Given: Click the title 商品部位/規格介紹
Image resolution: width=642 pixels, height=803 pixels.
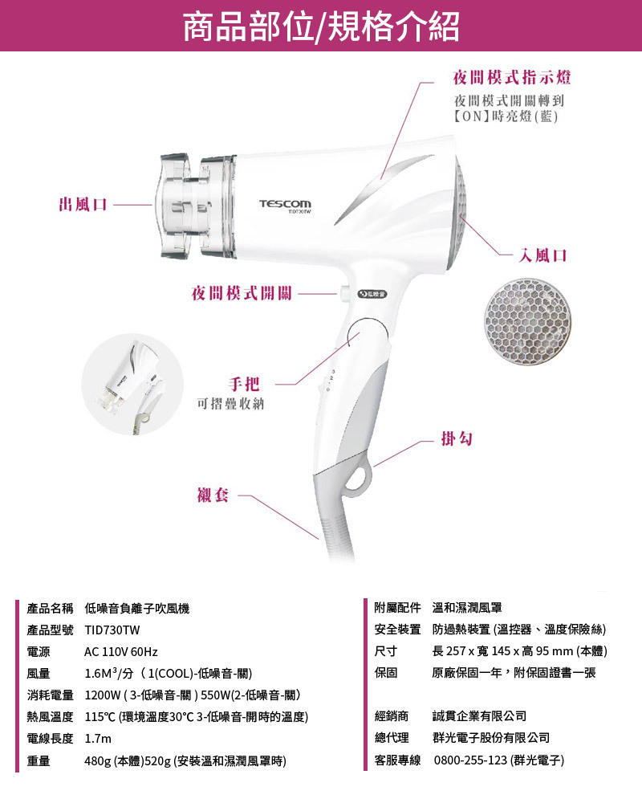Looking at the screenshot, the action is tap(321, 26).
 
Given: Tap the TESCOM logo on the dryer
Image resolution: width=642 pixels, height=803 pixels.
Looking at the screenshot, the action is tap(285, 204).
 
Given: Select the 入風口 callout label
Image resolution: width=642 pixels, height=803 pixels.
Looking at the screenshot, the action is tap(543, 255).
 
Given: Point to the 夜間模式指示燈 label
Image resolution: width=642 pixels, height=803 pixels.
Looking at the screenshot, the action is tap(512, 78).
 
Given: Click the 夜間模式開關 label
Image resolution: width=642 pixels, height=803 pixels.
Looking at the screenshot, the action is tap(242, 294).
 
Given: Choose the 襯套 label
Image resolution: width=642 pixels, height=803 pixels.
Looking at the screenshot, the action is tap(213, 495).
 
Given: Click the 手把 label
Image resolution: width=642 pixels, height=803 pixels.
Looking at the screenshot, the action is tap(247, 383).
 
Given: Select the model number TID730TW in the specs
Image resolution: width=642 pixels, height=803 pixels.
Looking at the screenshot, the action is tap(112, 630).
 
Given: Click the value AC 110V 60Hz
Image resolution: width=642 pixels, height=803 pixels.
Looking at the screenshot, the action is tap(121, 651).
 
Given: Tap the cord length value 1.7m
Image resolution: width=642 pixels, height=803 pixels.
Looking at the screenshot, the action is tap(98, 738).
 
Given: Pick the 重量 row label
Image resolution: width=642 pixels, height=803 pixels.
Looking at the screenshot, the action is tap(39, 760).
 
